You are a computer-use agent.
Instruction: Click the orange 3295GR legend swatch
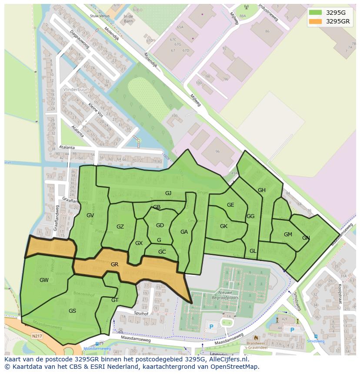tap(316, 22)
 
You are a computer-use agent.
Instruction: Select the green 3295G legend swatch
tap(316, 13)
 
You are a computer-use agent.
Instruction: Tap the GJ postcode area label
tap(168, 193)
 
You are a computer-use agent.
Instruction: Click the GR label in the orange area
tap(115, 264)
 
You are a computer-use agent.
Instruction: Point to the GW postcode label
tap(44, 280)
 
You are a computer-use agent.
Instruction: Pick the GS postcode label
tap(72, 311)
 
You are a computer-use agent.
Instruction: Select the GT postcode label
tap(115, 300)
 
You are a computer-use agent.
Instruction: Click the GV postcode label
tap(90, 215)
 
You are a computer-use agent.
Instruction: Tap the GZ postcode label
tap(120, 226)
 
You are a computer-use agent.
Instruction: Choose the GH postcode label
tap(261, 190)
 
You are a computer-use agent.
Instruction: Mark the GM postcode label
tap(288, 235)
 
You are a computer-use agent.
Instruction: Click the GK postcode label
tap(223, 226)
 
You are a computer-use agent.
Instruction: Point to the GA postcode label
tap(184, 232)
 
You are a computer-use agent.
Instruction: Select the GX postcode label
tap(139, 243)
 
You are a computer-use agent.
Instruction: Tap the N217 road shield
tap(37, 336)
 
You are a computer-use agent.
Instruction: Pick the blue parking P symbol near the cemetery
tap(212, 326)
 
